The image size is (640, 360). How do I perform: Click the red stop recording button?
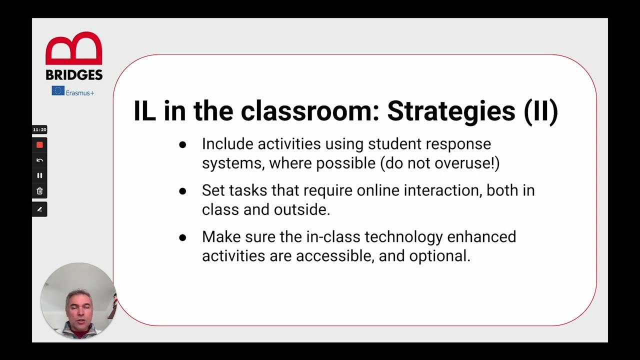coord(39,145)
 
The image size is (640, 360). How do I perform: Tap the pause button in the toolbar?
coord(39,175)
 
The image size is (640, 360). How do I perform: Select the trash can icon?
coord(39,191)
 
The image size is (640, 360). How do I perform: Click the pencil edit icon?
coord(39,209)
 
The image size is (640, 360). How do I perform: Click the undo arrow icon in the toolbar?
coord(39,160)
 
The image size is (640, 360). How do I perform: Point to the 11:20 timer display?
coord(39,129)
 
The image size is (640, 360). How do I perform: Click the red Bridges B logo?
coord(74,49)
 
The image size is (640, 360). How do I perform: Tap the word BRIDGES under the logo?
coord(74,75)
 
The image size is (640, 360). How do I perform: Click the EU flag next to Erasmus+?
coord(58,91)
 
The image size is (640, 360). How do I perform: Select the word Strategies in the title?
coord(451,111)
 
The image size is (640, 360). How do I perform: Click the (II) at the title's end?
coord(540,111)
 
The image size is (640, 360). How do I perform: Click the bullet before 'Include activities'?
coord(182,145)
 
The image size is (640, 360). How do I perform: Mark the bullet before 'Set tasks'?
coord(182,191)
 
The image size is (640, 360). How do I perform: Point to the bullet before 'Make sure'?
coord(182,237)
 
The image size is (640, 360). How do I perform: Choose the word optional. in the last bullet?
coord(439,256)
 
